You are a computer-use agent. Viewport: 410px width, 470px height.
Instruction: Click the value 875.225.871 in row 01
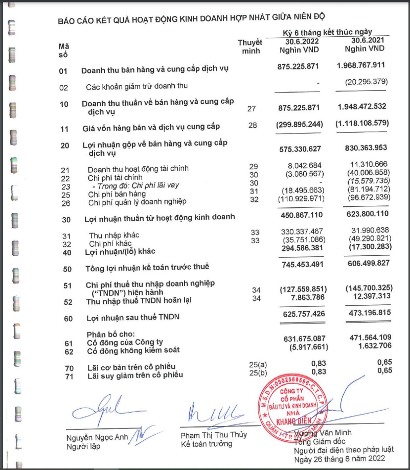point(298,67)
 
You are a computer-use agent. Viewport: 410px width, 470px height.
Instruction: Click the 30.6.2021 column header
point(367,41)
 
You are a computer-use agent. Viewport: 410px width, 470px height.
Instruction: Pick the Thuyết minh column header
point(250,46)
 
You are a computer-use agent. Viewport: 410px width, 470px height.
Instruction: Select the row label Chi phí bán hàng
point(117,194)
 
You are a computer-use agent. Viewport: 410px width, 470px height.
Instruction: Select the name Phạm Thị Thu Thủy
point(213,435)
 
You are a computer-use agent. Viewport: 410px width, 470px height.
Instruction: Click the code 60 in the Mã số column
point(64,318)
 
